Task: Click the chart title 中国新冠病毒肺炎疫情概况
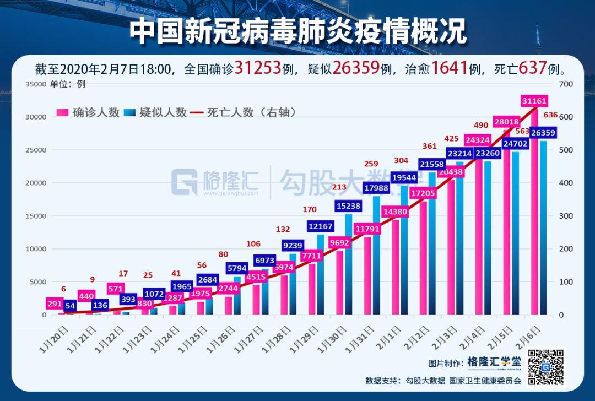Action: [x=297, y=32]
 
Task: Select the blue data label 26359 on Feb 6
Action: [x=543, y=133]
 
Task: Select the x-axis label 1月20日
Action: [x=53, y=338]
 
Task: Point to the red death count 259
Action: [x=372, y=164]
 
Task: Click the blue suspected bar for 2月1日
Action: [x=405, y=253]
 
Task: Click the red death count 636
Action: [x=550, y=115]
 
